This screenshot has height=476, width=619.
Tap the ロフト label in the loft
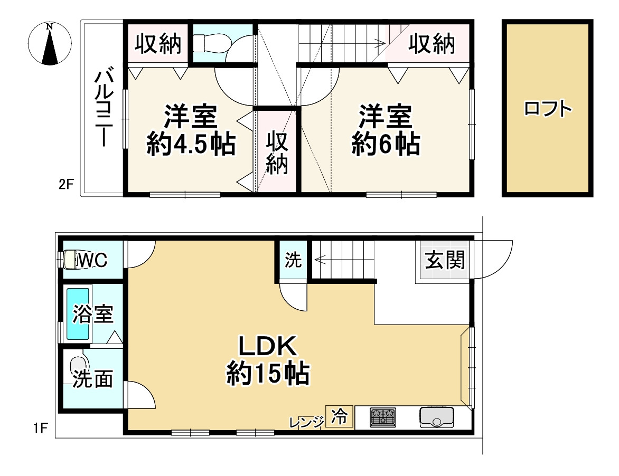click(548, 109)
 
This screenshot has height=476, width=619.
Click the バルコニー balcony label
click(102, 108)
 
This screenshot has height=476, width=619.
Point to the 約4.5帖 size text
click(190, 144)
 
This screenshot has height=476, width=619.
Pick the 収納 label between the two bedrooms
click(277, 153)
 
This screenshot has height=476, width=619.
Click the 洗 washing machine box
click(293, 260)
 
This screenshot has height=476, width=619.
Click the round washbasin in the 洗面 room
click(79, 364)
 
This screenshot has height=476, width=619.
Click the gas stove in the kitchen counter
click(382, 417)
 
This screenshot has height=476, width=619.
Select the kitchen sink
click(437, 417)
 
